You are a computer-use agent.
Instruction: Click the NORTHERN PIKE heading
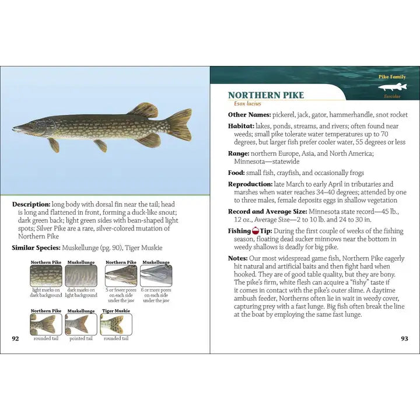[266, 96]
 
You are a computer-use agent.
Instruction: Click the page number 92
[16, 338]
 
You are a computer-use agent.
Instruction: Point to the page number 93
[404, 338]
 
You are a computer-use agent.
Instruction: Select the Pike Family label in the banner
[392, 77]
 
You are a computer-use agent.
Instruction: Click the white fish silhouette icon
[392, 88]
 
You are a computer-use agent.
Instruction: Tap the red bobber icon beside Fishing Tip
[255, 231]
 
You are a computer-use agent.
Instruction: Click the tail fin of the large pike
[180, 124]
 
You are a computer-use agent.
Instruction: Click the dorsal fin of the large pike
[143, 110]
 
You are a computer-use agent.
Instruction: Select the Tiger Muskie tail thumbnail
[116, 324]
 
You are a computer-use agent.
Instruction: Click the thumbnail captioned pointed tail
[80, 324]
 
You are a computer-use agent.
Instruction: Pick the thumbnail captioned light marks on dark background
[45, 276]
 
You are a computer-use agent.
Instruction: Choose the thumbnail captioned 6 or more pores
[156, 276]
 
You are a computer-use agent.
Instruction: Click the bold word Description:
[31, 205]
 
